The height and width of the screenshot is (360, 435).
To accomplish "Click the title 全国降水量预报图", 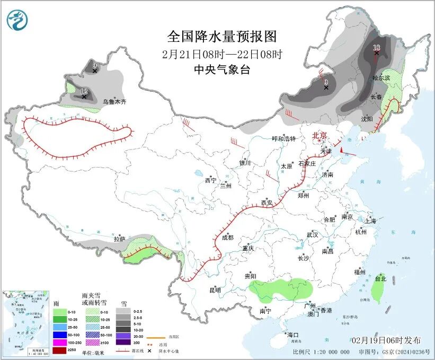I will coord(222,36).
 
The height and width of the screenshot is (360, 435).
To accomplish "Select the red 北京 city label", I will coord(320,135).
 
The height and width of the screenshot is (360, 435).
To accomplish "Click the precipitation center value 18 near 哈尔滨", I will coord(377,48).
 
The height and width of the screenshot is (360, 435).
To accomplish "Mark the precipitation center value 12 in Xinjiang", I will coord(84,92).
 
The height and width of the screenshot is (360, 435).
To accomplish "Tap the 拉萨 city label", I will coord(120,239).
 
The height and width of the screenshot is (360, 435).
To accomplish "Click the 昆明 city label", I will coord(215,289).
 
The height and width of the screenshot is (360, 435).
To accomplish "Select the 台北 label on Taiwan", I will coord(380,278).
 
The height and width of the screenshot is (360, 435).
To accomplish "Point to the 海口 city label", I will coord(293,335).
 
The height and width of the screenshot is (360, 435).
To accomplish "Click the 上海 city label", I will coord(370,221).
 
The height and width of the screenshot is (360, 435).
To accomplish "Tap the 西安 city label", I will coord(267,203).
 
